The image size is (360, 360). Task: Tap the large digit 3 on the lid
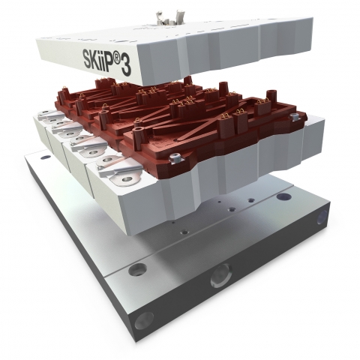(x=126, y=65)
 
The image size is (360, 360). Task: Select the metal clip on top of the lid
(x=169, y=17)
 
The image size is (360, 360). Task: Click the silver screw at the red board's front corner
(x=174, y=158)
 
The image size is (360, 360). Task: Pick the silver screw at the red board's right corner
(x=294, y=115)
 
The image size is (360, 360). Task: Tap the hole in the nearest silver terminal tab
(x=127, y=179)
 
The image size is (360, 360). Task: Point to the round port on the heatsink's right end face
(x=322, y=217)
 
